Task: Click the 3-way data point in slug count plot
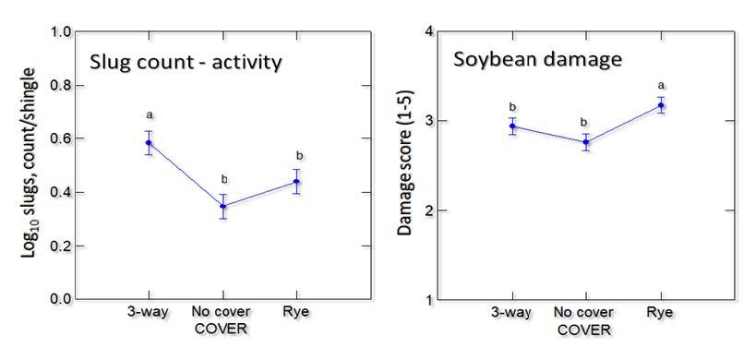pos(149,143)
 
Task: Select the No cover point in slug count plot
pos(222,206)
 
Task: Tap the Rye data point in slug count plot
pos(296,182)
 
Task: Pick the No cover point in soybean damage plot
pos(586,142)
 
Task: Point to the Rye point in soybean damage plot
pos(660,105)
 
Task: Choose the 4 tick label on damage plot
pos(429,32)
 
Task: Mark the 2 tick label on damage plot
pos(429,210)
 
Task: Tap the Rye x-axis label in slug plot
pos(296,313)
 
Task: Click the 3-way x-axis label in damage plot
pos(511,313)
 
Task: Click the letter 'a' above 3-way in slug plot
pos(149,115)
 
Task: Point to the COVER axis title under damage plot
pos(586,330)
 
